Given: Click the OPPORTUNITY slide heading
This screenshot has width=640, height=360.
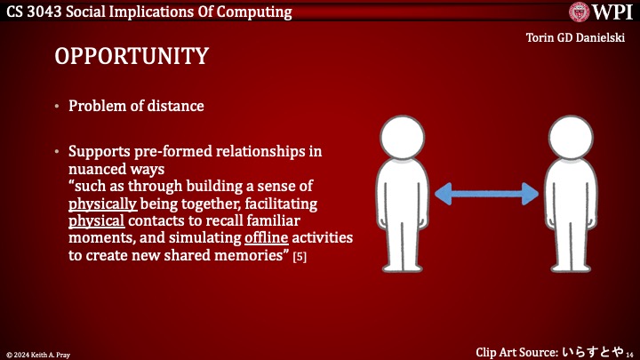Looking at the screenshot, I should pos(132,56).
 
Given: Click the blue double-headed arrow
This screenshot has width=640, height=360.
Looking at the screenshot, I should pos(487,193).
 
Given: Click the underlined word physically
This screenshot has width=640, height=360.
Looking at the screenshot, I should pos(102,203).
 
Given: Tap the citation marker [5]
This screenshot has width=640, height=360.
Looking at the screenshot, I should pos(300,257).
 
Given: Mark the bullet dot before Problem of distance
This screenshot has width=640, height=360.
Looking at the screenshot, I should pos(58,107).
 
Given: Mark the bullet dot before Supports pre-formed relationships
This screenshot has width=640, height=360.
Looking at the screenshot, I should pos(58,151).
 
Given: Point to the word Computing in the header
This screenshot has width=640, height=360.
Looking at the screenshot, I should pos(254,12).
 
